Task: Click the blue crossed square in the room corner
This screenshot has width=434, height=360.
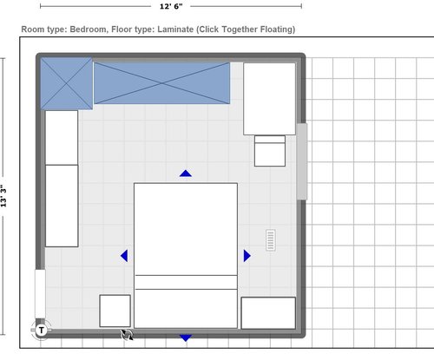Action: tap(66, 83)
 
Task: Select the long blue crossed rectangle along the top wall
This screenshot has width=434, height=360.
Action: tap(161, 83)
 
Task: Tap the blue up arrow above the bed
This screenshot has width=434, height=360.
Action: tap(185, 173)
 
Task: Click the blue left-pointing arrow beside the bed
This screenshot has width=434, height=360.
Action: tap(125, 256)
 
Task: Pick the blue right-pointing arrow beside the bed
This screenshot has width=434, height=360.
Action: tap(247, 256)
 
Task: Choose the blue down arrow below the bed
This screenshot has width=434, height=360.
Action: tap(185, 337)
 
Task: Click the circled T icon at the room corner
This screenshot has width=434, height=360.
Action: tap(41, 330)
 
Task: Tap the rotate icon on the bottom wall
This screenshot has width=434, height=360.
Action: tap(127, 333)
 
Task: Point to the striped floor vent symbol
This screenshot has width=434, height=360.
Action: tap(271, 240)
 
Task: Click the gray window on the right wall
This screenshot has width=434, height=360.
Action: tap(302, 161)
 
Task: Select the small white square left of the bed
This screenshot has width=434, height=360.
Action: tap(115, 311)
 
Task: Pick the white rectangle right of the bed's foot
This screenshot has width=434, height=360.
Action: tap(268, 313)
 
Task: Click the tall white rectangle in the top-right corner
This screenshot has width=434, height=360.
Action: tap(270, 99)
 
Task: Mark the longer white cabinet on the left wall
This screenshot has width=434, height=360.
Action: tap(62, 206)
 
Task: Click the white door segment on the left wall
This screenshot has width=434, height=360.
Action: tap(40, 294)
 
